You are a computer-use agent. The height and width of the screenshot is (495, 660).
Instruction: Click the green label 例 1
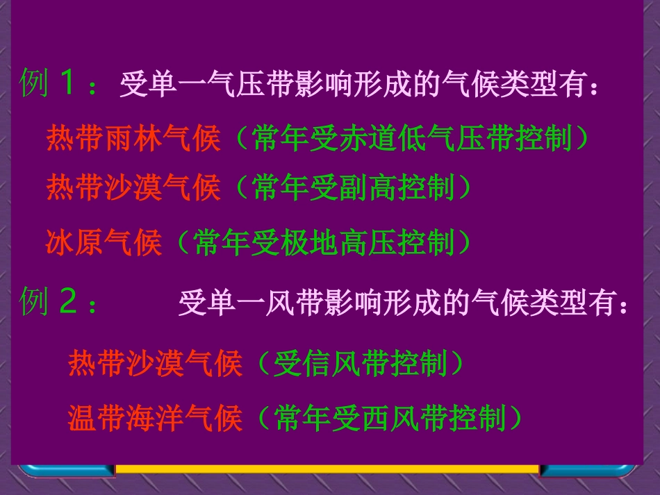[54, 84]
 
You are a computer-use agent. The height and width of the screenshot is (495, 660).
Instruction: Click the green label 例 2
[54, 303]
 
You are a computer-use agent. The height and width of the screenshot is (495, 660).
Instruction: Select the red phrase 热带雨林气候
[133, 139]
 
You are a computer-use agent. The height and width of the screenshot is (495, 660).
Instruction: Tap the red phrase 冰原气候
[104, 242]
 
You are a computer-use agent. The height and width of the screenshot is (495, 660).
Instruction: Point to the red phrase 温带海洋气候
[155, 418]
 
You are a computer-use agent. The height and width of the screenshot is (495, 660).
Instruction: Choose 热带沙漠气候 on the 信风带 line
[155, 363]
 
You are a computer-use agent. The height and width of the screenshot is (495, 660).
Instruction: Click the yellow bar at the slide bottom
[327, 469]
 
